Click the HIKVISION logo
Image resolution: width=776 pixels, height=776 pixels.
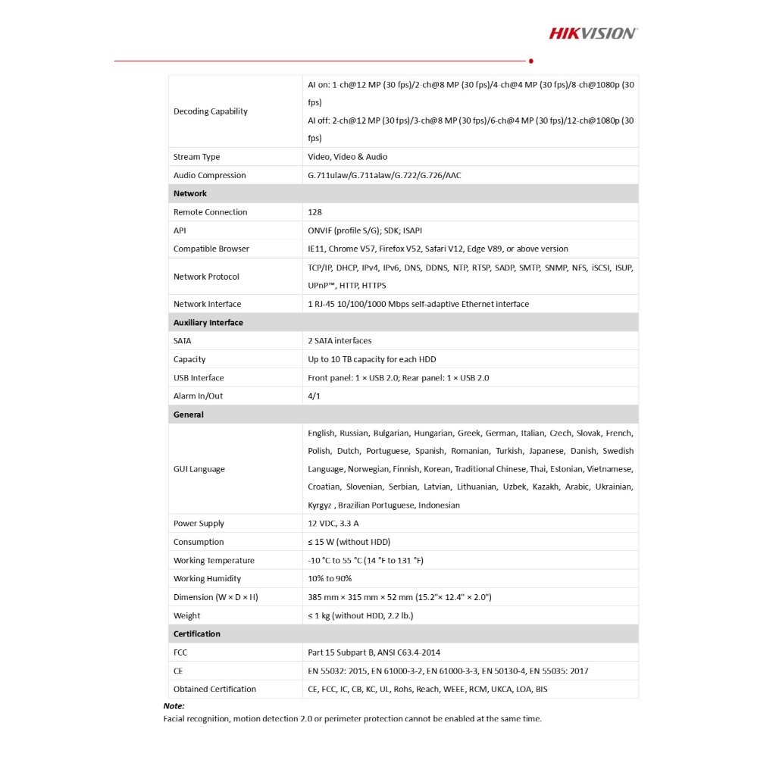click(x=593, y=33)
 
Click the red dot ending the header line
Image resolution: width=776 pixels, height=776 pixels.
click(x=530, y=61)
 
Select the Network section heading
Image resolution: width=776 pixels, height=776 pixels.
click(x=190, y=193)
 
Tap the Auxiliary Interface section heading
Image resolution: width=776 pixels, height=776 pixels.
click(x=208, y=322)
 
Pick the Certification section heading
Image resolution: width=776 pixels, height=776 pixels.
click(x=197, y=634)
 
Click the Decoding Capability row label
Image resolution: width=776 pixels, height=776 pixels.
click(x=211, y=111)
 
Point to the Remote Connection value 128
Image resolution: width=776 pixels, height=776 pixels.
click(x=314, y=212)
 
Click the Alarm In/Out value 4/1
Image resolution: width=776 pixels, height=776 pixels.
click(x=314, y=396)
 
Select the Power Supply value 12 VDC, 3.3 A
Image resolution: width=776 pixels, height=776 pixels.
click(x=333, y=523)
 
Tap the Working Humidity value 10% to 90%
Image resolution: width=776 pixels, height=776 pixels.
click(x=330, y=578)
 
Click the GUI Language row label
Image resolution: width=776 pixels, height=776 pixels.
click(x=199, y=469)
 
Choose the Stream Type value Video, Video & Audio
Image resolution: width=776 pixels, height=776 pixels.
click(x=347, y=157)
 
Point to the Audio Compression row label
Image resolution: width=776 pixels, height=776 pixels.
click(x=210, y=175)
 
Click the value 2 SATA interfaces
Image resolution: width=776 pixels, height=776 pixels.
click(x=339, y=340)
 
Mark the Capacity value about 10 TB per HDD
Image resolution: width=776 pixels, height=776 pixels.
click(x=371, y=359)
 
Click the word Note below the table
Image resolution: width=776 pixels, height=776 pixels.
click(x=174, y=706)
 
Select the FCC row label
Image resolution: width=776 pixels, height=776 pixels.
click(x=180, y=652)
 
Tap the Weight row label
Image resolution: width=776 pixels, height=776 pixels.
click(x=187, y=615)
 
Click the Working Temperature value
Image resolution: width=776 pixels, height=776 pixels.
click(x=365, y=560)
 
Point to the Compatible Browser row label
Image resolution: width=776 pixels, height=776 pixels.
click(x=211, y=249)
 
